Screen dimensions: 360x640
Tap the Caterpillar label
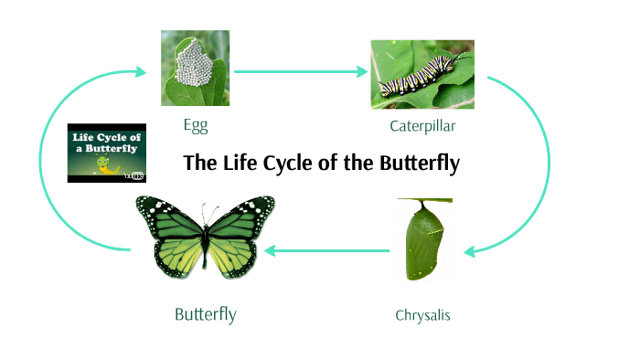[x=422, y=125]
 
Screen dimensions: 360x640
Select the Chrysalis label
[x=422, y=316]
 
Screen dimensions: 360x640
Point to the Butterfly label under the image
[x=206, y=315]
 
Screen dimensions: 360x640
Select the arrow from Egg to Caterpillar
[x=297, y=70]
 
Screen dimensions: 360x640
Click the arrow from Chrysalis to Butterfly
[x=329, y=249]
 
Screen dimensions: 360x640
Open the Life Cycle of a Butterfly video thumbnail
[x=106, y=153]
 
